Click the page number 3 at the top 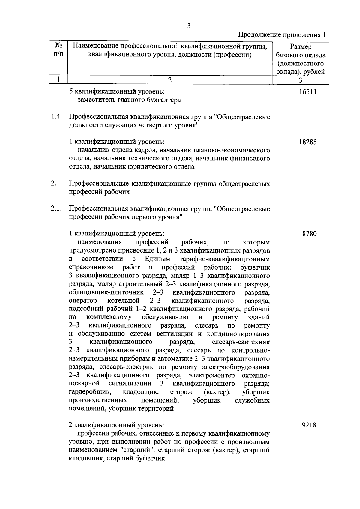pyautogui.click(x=189, y=26)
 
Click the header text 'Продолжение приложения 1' pyautogui.click(x=282, y=35)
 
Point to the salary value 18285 pyautogui.click(x=307, y=142)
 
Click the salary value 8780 pyautogui.click(x=309, y=234)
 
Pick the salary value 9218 pyautogui.click(x=309, y=425)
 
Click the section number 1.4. pyautogui.click(x=56, y=117)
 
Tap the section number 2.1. pyautogui.click(x=56, y=208)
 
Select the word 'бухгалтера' pyautogui.click(x=165, y=100)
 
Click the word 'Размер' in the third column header pyautogui.click(x=301, y=47)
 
